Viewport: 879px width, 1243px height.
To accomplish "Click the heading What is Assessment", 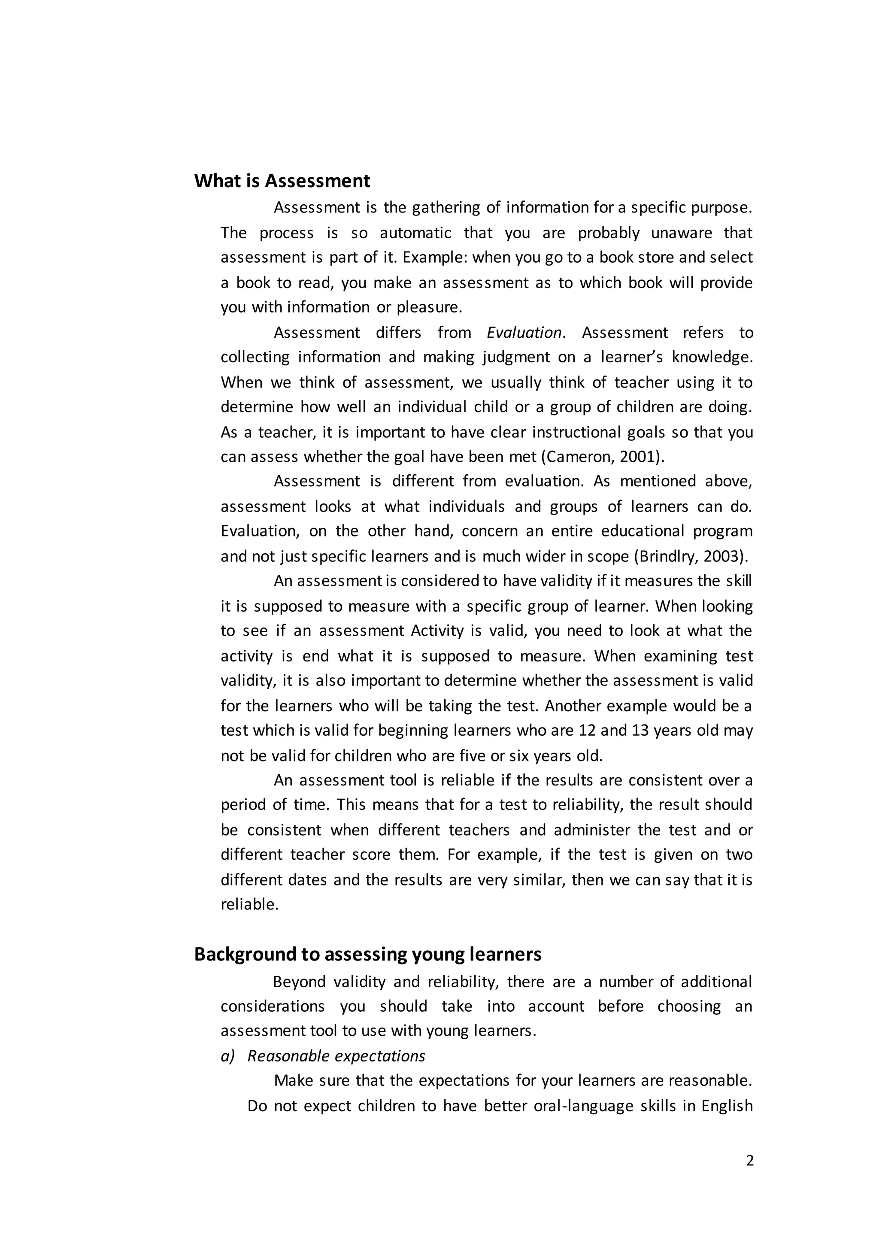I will [x=282, y=181].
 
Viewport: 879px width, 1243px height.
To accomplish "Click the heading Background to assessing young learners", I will [x=367, y=954].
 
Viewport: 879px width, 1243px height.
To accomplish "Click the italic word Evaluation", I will [x=524, y=332].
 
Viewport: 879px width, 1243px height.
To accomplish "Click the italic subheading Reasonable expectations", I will [x=336, y=1056].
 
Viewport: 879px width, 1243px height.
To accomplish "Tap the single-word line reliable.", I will [x=249, y=905].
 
